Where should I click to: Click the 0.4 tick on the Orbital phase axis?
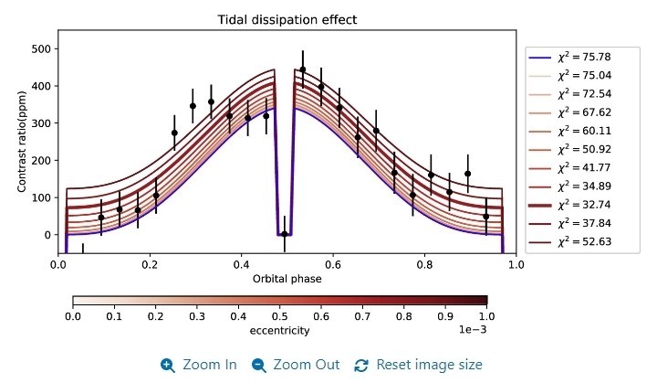point(241,265)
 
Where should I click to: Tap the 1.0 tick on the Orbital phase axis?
point(516,265)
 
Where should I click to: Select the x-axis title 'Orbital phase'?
point(287,278)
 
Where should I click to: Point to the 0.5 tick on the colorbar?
point(279,316)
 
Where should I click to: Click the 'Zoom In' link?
point(199,365)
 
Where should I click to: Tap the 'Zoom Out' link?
point(296,365)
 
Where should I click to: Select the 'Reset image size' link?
point(419,365)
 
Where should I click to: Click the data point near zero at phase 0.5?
point(285,234)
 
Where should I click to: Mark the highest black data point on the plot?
point(303,69)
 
